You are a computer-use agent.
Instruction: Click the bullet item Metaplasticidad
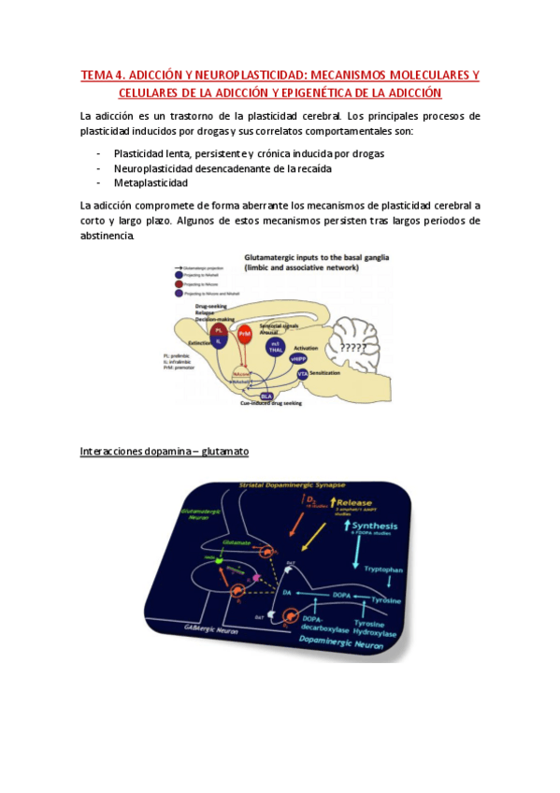[151, 182]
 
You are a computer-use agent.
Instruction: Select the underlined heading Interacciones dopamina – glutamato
[164, 451]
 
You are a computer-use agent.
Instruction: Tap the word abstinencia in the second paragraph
[108, 236]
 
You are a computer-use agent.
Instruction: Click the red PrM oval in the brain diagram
[244, 333]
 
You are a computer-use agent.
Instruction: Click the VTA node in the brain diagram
[302, 373]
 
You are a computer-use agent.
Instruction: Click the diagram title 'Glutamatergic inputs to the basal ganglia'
[309, 255]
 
